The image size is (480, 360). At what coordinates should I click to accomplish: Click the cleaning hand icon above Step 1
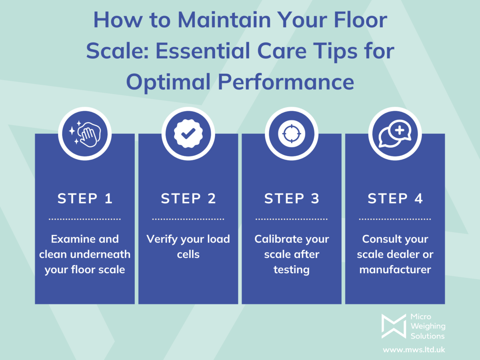point(84,134)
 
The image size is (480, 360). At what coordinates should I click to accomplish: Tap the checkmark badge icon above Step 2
point(188,134)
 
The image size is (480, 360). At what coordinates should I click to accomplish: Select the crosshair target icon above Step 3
point(292,134)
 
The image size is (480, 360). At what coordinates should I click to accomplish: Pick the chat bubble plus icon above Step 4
point(395,134)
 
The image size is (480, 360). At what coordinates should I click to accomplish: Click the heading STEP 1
point(85,199)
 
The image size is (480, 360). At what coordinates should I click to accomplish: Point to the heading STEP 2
point(188,199)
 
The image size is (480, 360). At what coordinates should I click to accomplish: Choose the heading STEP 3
point(292,199)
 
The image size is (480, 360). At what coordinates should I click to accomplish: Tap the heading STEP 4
point(395,199)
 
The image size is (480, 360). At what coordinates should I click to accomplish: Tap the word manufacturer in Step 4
point(395,270)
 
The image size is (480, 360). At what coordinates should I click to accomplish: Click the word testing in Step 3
point(292,270)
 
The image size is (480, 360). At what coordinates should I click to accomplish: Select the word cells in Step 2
point(188,254)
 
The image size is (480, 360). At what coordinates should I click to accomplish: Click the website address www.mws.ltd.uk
point(414,350)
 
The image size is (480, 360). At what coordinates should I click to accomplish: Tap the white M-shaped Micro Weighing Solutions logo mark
point(393,326)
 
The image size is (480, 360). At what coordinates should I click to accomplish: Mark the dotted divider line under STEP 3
point(292,219)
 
